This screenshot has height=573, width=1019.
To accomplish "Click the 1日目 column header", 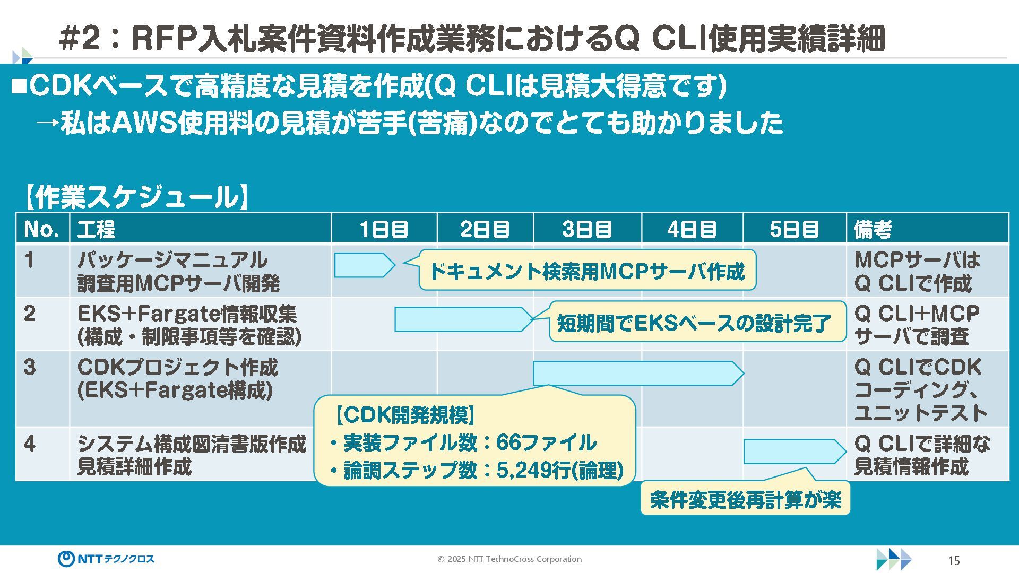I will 384,229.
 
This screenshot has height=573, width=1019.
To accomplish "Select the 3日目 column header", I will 587,229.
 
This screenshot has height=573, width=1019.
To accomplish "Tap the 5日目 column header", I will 794,229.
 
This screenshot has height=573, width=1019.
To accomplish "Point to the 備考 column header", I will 873,229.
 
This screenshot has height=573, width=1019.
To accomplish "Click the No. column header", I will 41,229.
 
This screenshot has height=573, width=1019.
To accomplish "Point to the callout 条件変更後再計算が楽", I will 745,499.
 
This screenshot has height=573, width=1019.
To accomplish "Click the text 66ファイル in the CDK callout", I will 546,442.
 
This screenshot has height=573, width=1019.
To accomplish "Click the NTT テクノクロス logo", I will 106,559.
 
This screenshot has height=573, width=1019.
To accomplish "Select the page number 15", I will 954,561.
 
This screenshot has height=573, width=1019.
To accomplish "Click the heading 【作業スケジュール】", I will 136,197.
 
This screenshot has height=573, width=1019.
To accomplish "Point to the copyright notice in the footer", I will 509,559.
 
